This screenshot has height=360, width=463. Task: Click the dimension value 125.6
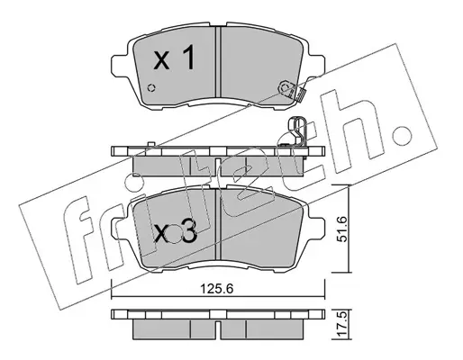click(x=217, y=289)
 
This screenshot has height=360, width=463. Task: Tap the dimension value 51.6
click(x=341, y=229)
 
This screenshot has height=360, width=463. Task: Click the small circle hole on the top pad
click(x=151, y=87)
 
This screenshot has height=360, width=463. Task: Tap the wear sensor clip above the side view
click(x=297, y=131)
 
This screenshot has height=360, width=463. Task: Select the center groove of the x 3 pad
click(x=218, y=224)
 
